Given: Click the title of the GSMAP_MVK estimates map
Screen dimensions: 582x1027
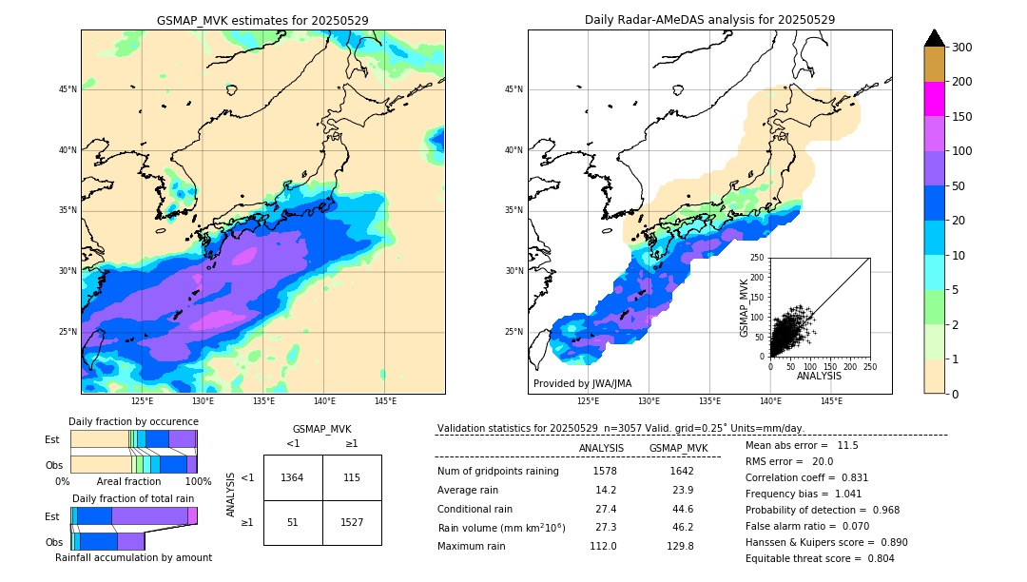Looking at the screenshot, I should tap(262, 20).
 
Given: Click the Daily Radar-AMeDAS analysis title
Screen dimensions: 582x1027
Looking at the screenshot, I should tap(709, 20).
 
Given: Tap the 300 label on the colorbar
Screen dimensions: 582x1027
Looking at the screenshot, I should tap(961, 48).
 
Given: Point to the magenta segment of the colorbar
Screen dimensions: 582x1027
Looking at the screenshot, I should tap(934, 99).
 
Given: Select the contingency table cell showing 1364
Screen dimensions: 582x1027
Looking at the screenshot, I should tap(293, 477).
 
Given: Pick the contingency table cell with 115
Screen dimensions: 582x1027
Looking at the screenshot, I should tap(352, 477).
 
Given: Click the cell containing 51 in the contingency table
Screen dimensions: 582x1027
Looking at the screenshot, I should tap(293, 522).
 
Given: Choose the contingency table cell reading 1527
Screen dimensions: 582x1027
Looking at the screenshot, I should tap(352, 522).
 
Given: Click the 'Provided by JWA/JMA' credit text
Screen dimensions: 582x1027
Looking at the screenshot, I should tap(582, 384).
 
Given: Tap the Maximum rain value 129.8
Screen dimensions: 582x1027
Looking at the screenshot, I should tap(677, 547).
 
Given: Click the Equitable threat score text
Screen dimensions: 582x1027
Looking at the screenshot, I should tap(820, 558).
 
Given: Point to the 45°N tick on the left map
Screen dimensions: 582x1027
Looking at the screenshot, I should tap(68, 89).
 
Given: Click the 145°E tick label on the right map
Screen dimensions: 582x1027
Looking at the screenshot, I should tap(831, 401).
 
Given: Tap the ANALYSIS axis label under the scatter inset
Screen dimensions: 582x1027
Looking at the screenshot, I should tap(819, 376).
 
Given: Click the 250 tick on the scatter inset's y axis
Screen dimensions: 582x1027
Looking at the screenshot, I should tap(758, 258).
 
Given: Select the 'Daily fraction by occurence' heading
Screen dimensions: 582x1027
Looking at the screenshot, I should tap(133, 421).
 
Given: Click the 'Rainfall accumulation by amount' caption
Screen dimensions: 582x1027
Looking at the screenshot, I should tap(133, 558).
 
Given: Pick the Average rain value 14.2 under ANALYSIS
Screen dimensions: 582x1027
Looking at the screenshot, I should tap(605, 491).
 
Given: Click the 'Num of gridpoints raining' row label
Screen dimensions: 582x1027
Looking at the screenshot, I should tap(498, 472).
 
